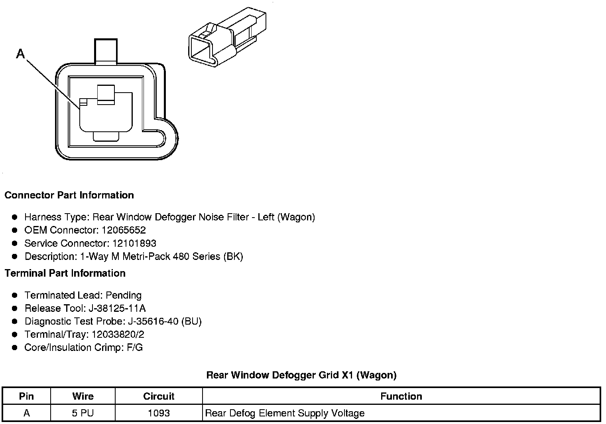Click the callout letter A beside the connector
20,53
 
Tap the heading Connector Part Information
69,195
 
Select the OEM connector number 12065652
124,230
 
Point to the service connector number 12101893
134,244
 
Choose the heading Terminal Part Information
65,273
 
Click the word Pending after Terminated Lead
124,295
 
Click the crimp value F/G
135,348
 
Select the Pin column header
26,396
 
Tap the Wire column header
83,396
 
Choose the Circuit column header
159,396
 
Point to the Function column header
401,396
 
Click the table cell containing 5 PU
83,413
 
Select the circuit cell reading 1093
159,413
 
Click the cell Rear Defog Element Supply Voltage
285,413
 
